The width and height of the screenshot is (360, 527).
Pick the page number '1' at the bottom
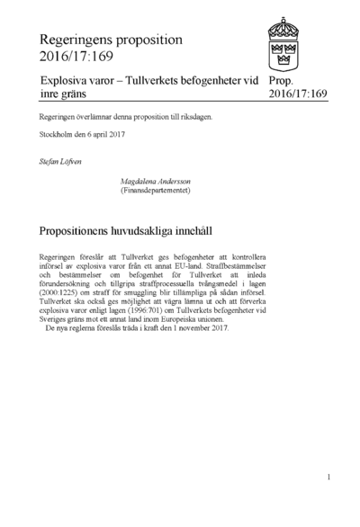point(329,477)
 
